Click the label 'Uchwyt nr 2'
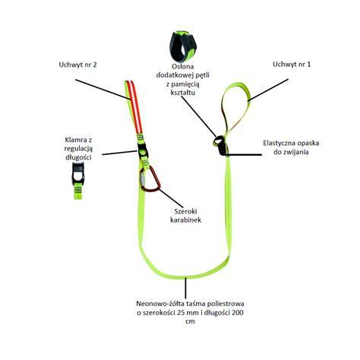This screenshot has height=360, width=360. coord(77,65)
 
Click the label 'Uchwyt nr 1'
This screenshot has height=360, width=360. coord(292,65)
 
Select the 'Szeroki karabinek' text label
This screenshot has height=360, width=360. coord(185,216)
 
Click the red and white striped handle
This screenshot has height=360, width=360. coord(134,106)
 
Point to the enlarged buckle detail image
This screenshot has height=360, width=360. coord(78,180)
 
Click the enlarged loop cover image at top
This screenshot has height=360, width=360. coord(183,46)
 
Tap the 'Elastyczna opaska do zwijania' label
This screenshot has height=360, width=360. coord(291,147)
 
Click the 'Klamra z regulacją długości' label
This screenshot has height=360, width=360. coord(78,148)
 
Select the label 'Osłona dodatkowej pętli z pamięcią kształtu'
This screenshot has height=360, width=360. coord(183,79)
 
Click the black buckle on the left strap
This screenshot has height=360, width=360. coord(143,150)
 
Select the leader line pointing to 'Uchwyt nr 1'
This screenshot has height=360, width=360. coord(268,90)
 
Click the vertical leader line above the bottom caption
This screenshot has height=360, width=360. coord(186,288)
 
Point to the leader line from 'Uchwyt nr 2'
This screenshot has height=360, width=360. coord(104,90)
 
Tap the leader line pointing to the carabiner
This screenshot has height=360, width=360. coord(170,197)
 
